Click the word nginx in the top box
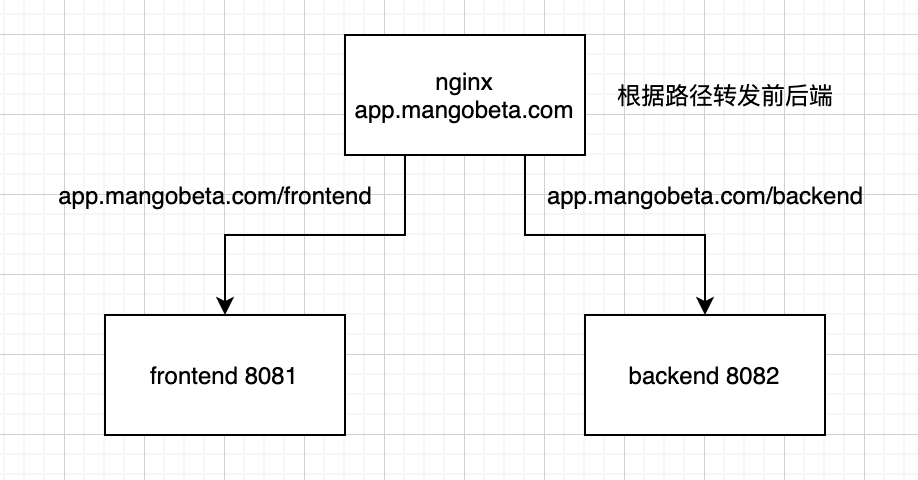464,81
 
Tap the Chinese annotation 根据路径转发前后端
726,98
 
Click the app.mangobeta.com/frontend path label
215,196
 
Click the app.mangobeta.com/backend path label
705,196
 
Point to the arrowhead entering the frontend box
225,305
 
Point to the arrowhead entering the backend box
705,305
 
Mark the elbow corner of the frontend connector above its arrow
225,235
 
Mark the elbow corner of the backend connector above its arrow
705,235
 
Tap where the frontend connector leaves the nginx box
405,156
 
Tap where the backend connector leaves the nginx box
525,156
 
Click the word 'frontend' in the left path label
327,196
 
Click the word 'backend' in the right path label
818,196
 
